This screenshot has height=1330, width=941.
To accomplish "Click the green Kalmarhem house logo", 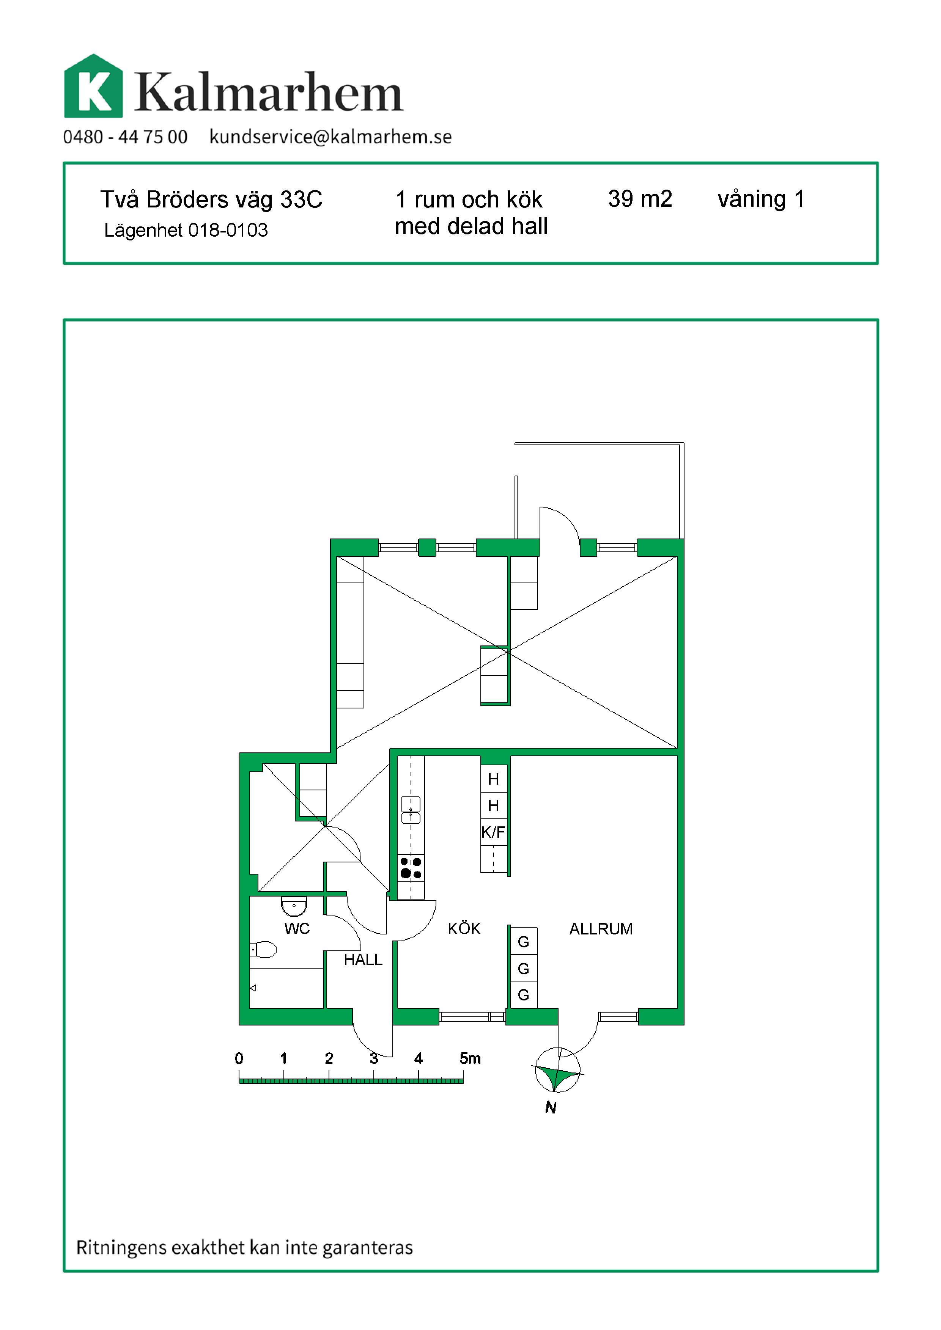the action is coord(93,86).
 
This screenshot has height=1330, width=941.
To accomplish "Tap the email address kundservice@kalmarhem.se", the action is coord(330,137).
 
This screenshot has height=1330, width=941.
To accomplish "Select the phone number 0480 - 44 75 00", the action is coord(125,137).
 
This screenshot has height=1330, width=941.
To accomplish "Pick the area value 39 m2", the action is coord(640,199).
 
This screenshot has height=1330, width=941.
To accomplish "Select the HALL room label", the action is coord(363,960).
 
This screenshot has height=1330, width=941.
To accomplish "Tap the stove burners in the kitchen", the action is coord(411,868).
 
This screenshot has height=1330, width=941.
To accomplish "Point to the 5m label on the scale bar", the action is coord(470,1058).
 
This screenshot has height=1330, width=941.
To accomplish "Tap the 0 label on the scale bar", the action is coord(239,1058).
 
